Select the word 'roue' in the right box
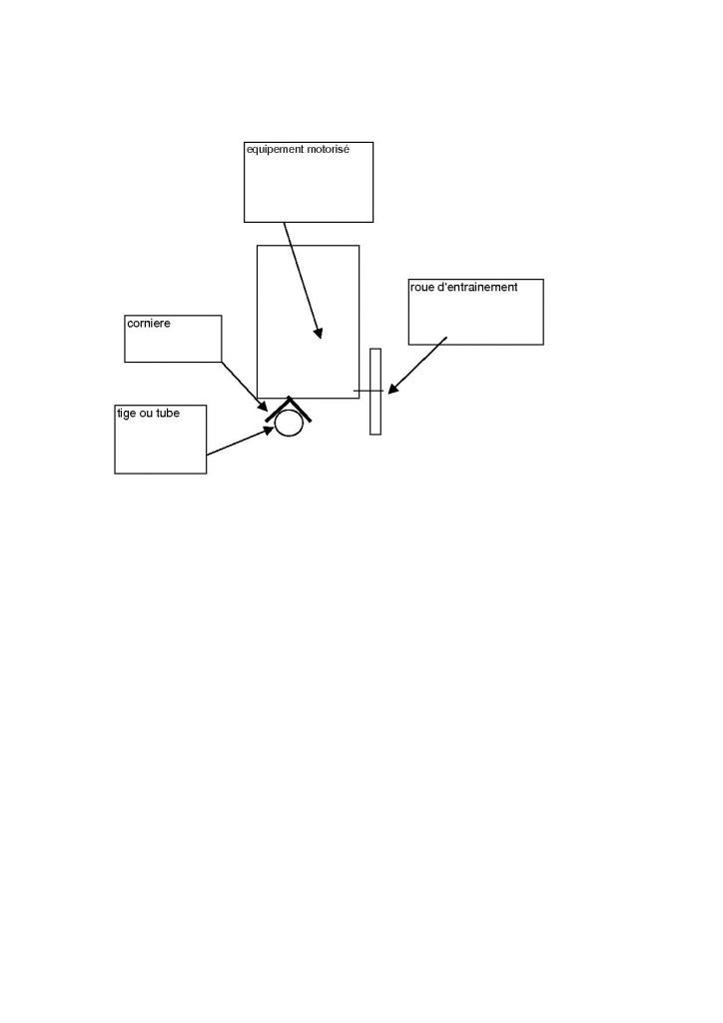tap(422, 288)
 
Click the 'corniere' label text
tap(148, 324)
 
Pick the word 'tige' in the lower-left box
tap(127, 413)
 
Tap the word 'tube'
tap(168, 413)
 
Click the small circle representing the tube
tap(289, 423)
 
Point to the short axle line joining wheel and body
tap(363, 391)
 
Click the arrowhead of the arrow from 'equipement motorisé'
tap(319, 334)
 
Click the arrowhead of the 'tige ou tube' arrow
tap(269, 430)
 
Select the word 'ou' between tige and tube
tap(147, 413)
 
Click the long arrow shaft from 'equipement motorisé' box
tap(301, 277)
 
